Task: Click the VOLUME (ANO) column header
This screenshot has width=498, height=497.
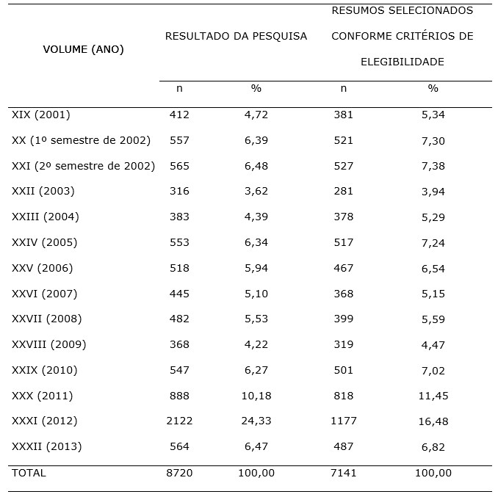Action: pos(83,50)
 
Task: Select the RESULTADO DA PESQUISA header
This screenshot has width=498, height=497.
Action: pos(236,36)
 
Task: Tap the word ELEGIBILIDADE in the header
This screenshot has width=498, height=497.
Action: pos(402,62)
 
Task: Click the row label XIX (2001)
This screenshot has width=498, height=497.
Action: pos(41,115)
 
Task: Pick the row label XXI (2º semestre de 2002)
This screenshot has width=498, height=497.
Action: pos(83,166)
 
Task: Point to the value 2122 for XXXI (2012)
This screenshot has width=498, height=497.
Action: pos(179,421)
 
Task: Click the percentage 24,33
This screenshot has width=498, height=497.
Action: pos(256,421)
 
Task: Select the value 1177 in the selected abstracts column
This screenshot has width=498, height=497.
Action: pos(343,421)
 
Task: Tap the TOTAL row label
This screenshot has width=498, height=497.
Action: pos(29,473)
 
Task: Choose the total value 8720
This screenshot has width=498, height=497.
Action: pos(179,473)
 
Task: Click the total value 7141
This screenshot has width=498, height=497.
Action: pos(343,473)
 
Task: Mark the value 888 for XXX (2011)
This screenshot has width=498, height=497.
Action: pos(179,396)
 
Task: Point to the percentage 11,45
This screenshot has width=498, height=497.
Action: pos(433,396)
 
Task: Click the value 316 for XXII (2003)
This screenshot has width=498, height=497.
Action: pos(179,192)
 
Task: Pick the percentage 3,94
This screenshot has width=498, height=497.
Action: pos(433,192)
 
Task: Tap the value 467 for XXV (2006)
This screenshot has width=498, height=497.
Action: pos(343,268)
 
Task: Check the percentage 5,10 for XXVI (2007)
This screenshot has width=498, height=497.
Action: pos(256,294)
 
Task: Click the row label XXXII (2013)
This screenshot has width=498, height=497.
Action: pos(47,446)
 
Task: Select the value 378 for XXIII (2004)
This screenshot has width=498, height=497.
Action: pos(343,217)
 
